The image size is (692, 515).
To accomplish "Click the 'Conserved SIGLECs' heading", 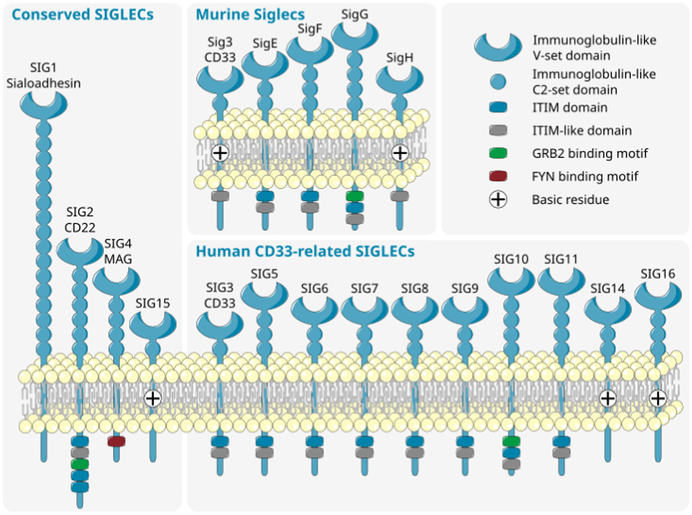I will click(x=82, y=14).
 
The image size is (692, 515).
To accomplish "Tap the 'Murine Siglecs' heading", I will click(x=250, y=14).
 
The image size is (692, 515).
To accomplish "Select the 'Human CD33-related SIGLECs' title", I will click(x=305, y=251).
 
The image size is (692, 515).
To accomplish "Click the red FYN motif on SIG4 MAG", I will click(x=116, y=441).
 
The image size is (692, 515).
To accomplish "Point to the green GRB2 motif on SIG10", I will click(x=511, y=441).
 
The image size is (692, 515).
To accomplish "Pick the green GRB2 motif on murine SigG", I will click(x=355, y=196).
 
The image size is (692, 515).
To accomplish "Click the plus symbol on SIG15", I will click(x=153, y=399).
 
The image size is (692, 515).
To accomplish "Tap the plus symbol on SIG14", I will click(x=608, y=399).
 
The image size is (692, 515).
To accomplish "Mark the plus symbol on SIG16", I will click(x=658, y=399).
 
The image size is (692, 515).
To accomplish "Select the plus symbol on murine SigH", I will click(x=400, y=153).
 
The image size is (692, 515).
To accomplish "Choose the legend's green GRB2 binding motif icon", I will click(x=498, y=153).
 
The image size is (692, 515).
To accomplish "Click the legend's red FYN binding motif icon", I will click(x=498, y=176).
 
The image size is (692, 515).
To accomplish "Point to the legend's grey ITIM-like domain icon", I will click(x=498, y=130).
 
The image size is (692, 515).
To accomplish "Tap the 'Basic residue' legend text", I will click(x=570, y=200).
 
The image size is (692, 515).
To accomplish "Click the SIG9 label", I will click(x=464, y=288).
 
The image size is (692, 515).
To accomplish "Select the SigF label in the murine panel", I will click(x=310, y=29).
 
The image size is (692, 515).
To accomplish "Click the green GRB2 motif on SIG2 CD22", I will click(x=80, y=464).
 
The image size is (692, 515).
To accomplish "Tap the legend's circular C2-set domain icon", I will click(x=498, y=82).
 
